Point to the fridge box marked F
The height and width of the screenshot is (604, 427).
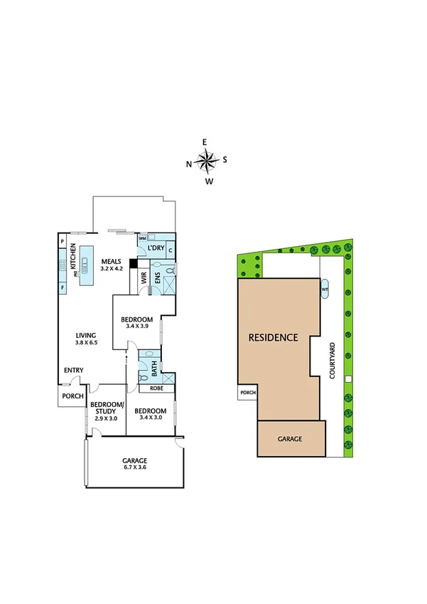(63, 287)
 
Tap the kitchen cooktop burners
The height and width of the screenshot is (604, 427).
(63, 265)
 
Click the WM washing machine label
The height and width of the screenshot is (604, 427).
(143, 238)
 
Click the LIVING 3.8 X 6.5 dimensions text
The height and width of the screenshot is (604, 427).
(87, 342)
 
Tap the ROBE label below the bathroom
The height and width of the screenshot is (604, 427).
(156, 388)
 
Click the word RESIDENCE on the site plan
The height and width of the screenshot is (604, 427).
(273, 337)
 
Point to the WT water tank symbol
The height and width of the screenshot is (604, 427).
(325, 290)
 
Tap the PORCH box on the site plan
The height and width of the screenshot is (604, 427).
(247, 393)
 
